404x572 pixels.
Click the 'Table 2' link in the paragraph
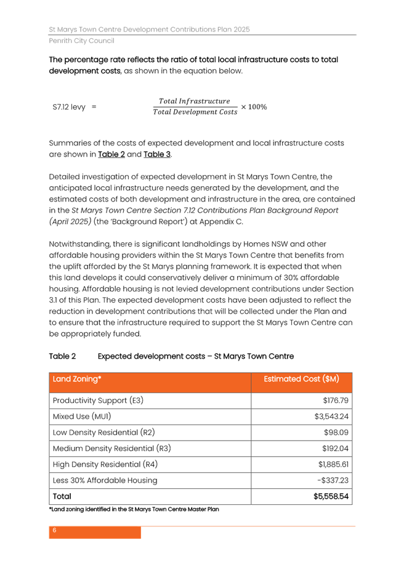pos(111,154)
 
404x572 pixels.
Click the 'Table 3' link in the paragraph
pos(157,154)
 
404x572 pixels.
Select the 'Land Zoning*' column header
pos(77,379)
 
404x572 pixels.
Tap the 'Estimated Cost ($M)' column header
pos(301,379)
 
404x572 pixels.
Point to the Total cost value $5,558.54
pos(331,496)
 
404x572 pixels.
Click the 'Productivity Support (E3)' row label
pos(98,401)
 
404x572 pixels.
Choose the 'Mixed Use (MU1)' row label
pos(82,417)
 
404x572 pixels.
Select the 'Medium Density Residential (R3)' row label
pos(111,449)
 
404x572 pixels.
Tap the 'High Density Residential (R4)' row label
pos(105,465)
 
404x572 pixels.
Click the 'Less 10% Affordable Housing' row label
pos(105,481)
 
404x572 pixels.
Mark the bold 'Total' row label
pos(62,496)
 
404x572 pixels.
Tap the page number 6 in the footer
pos(54,530)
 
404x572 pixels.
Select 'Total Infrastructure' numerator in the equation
pos(195,101)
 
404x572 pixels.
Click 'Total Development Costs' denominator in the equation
pos(195,112)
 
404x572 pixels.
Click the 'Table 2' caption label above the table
pos(62,356)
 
